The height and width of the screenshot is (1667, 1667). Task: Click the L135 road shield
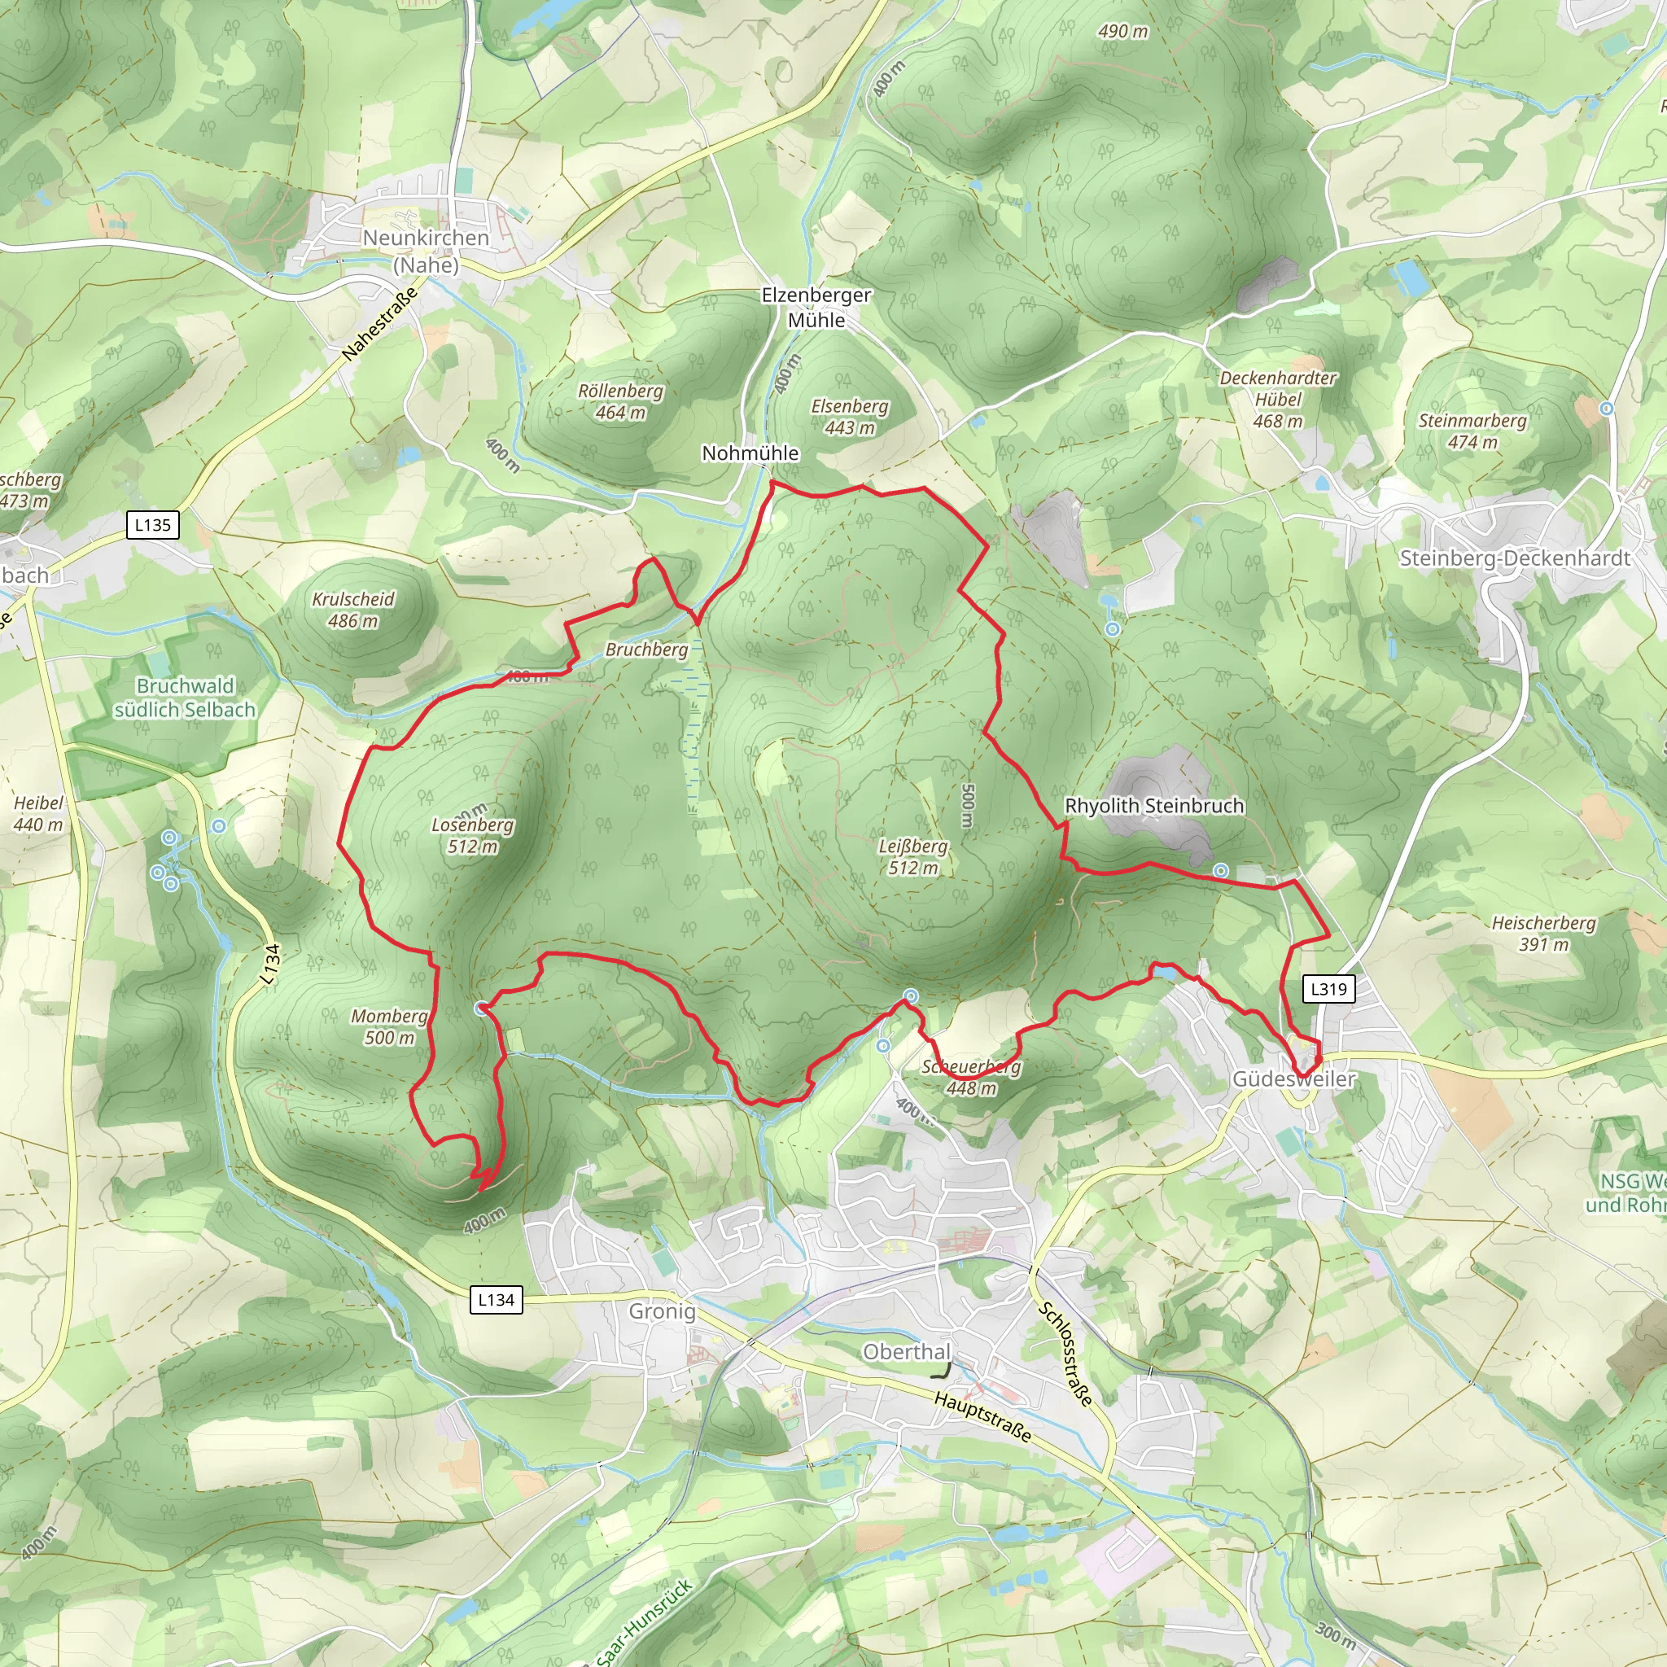click(153, 525)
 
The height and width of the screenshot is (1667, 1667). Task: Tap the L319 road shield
click(1328, 989)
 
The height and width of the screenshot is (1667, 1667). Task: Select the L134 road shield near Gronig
click(497, 1299)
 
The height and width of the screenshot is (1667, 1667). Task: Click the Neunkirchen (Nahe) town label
click(426, 250)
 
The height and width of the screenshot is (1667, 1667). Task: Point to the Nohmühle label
click(750, 453)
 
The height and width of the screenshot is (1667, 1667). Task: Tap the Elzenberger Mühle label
click(816, 307)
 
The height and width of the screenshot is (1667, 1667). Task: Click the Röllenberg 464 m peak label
click(620, 401)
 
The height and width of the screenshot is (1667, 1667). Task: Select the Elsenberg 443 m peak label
click(849, 417)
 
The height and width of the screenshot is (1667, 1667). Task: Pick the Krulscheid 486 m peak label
click(353, 609)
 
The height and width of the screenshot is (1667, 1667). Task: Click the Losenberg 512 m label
click(472, 835)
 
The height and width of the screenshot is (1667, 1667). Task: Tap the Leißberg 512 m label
click(913, 857)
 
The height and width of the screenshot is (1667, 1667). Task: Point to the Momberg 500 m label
click(389, 1026)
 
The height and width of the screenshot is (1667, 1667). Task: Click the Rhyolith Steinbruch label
click(1153, 805)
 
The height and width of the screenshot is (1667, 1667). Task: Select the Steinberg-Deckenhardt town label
click(1514, 558)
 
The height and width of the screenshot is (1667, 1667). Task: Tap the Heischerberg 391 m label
click(1543, 933)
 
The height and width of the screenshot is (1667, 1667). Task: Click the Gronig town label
click(661, 1311)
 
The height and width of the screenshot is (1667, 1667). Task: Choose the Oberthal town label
click(907, 1352)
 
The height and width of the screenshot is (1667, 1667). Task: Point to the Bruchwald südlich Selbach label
click(185, 698)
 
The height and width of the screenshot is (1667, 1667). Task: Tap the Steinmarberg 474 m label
click(1472, 431)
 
